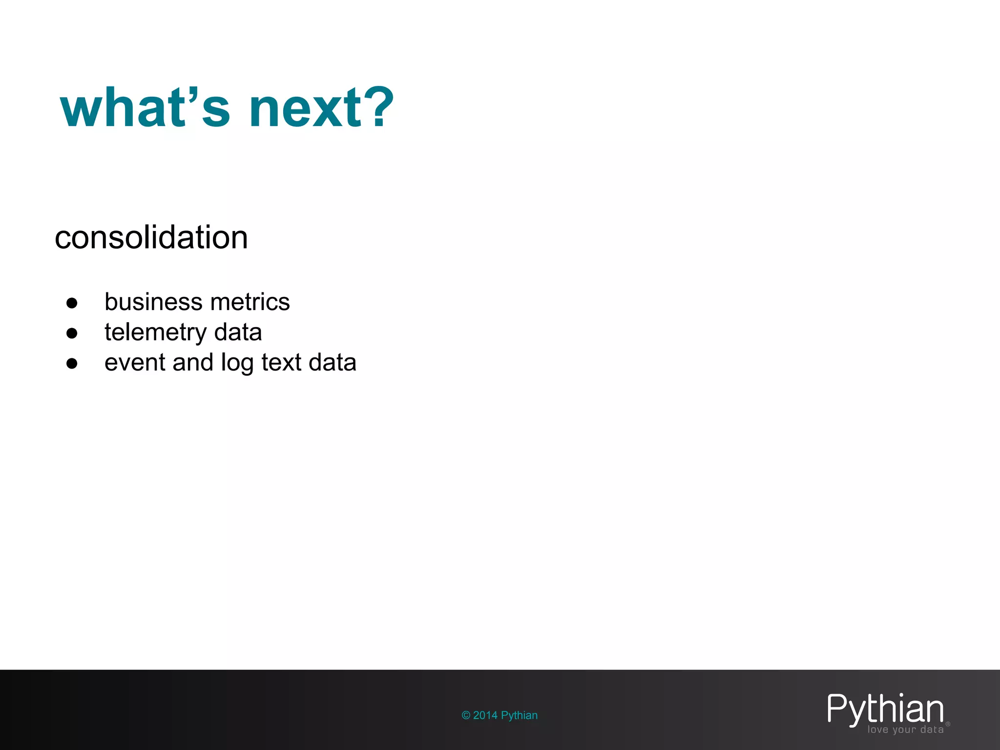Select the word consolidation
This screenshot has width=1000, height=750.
(x=151, y=238)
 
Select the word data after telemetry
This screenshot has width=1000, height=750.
(x=238, y=332)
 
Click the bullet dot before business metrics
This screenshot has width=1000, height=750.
(x=72, y=303)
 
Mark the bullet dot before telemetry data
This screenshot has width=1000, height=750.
(x=72, y=333)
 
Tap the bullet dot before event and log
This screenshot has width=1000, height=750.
(x=72, y=364)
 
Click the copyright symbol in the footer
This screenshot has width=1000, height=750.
(x=466, y=715)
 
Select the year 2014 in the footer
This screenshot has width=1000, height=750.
(x=485, y=715)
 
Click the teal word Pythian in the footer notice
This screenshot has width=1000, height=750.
(x=519, y=715)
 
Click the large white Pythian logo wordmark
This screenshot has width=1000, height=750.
(x=885, y=709)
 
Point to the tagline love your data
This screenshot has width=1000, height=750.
(x=905, y=729)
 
